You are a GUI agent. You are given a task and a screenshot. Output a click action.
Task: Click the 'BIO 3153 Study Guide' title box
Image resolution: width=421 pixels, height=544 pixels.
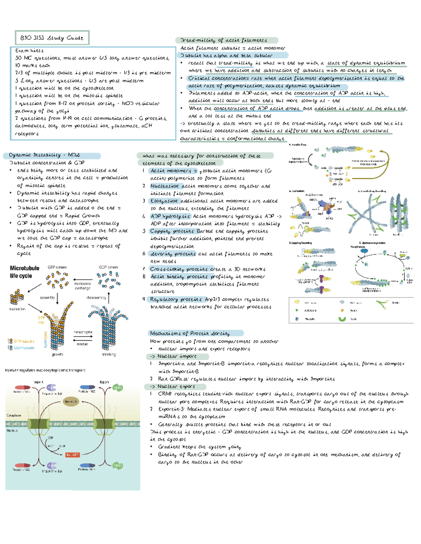click(x=52, y=38)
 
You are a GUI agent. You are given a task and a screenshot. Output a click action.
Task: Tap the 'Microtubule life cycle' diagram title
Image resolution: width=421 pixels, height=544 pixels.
click(x=25, y=272)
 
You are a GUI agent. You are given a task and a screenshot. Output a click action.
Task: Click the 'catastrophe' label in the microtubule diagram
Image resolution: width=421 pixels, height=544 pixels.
click(x=83, y=332)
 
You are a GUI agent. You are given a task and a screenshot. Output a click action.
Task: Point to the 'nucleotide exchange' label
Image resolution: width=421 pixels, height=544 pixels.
click(x=82, y=286)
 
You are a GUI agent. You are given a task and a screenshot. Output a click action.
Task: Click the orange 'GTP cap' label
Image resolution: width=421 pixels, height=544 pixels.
click(x=41, y=320)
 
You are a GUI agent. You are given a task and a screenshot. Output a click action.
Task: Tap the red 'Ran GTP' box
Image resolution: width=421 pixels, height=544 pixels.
click(x=73, y=455)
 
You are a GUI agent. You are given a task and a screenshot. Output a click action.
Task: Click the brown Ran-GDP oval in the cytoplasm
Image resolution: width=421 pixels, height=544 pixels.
click(x=71, y=402)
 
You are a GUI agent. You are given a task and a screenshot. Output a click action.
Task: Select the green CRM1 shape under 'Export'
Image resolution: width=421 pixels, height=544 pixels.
click(x=117, y=388)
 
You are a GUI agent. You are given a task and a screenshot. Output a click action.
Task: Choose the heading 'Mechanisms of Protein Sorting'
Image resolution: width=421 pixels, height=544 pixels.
click(x=190, y=333)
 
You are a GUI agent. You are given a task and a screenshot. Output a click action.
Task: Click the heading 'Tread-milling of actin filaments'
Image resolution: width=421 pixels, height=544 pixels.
click(x=223, y=40)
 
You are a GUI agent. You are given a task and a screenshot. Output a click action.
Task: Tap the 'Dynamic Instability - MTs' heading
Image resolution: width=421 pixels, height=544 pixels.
click(x=45, y=155)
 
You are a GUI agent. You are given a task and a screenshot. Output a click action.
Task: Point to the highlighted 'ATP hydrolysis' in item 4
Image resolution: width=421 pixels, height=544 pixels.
click(x=170, y=216)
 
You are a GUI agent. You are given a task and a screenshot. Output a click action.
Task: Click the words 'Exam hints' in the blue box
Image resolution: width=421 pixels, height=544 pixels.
click(x=29, y=50)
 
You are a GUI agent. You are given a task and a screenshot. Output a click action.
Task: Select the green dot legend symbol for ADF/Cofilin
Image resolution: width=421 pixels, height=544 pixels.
click(x=297, y=310)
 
